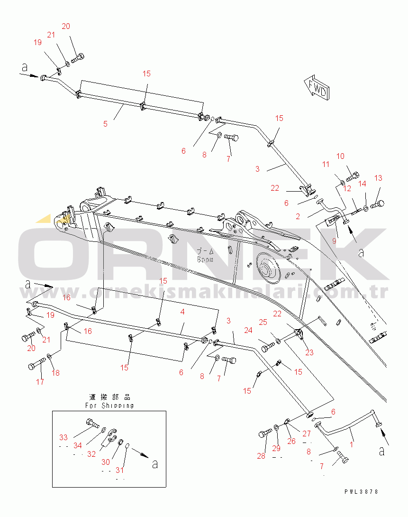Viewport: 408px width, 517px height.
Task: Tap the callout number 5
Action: point(105,124)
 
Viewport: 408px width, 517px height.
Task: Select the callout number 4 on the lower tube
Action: point(182,312)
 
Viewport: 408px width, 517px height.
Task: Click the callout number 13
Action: point(378,178)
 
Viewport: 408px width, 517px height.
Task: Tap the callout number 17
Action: point(40,382)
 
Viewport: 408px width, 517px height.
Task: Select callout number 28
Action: point(261,456)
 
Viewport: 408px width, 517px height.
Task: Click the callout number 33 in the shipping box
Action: point(63,437)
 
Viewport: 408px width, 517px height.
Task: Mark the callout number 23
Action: point(309,352)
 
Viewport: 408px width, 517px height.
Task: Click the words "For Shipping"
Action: point(109,406)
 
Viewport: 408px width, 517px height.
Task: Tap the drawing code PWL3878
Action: point(362,492)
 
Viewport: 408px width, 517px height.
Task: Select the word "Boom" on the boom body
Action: point(205,260)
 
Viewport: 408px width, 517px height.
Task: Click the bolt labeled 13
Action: point(377,204)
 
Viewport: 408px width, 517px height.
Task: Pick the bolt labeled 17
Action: point(36,366)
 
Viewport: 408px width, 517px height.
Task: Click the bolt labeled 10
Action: point(352,177)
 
